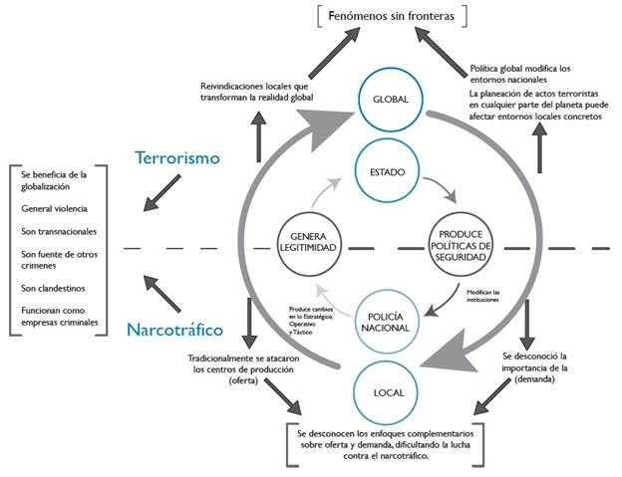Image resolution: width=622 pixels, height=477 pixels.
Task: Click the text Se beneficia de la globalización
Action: click(56, 180)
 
